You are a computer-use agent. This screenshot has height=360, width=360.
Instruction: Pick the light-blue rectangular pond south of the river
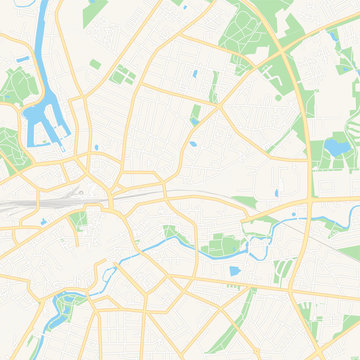[235, 270]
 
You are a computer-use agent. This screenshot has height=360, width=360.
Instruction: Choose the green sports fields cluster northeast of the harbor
[122, 75]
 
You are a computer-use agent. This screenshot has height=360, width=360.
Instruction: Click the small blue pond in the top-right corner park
[333, 37]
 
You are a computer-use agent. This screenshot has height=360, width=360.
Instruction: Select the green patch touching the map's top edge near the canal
[67, 4]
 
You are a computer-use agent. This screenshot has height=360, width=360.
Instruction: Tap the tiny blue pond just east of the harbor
[96, 147]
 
